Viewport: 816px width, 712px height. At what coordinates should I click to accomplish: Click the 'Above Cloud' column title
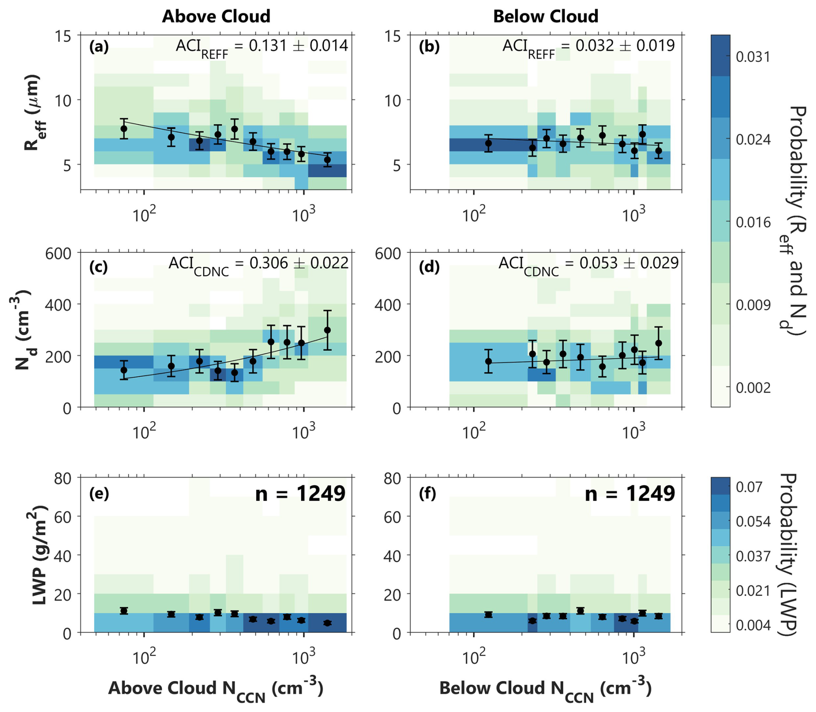[x=216, y=16]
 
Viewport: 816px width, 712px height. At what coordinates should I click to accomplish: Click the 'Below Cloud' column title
[x=546, y=16]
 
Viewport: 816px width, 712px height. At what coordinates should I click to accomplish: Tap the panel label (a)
[x=99, y=46]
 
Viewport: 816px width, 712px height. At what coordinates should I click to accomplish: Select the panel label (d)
[x=429, y=267]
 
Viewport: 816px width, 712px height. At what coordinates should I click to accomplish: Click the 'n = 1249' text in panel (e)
[x=300, y=493]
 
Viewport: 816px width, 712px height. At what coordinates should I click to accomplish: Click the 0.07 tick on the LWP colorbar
[x=748, y=487]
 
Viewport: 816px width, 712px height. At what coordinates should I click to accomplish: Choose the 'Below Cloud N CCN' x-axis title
[x=545, y=689]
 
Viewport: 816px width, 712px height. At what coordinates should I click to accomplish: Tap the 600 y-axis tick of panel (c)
[x=58, y=253]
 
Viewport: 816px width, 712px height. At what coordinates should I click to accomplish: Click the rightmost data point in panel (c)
[x=327, y=330]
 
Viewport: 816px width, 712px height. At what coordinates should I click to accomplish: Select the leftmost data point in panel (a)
[x=124, y=129]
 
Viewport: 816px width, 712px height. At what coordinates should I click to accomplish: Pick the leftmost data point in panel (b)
[x=488, y=143]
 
